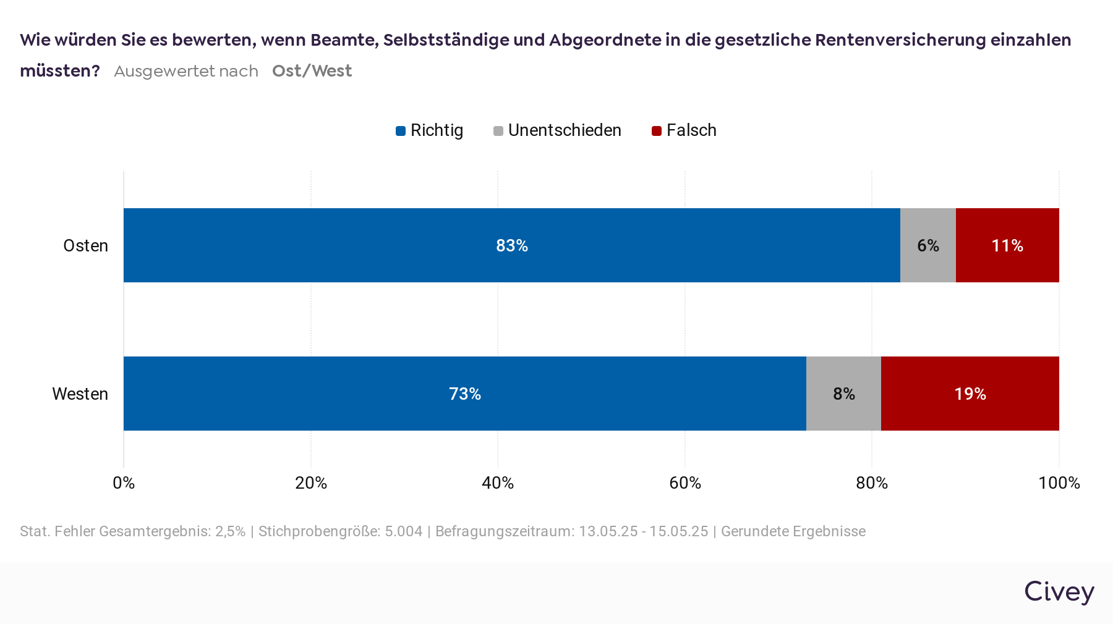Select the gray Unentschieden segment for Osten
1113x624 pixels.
(927, 245)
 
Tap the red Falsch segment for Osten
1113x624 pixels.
(1007, 245)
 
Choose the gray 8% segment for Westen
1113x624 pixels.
(843, 394)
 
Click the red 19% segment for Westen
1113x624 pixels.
(970, 394)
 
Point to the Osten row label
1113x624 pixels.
(86, 245)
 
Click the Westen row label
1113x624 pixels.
(80, 394)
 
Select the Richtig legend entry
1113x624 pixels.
(430, 130)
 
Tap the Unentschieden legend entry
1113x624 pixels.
(558, 130)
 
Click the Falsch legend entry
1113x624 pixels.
(684, 130)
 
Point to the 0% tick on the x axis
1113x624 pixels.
(124, 483)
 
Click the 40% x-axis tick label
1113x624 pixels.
(498, 483)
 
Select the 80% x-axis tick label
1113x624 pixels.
(872, 483)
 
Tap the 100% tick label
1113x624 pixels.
(1059, 483)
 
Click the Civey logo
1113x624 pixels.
(1059, 591)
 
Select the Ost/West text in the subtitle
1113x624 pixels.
(312, 71)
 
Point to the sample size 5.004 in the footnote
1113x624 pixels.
(403, 531)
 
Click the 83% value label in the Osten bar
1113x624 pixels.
(512, 245)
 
